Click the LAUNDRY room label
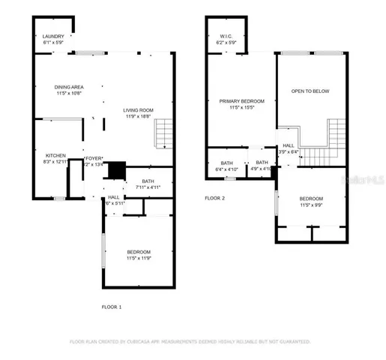point(52,36)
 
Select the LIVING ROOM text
point(138,110)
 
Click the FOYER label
point(94,158)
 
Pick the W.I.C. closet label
point(226,36)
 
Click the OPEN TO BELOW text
point(310,91)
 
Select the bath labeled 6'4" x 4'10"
point(226,169)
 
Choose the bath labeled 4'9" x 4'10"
point(261,169)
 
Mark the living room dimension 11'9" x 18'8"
point(138,116)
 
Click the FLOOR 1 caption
point(111,307)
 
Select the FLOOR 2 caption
point(215,198)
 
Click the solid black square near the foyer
point(114,171)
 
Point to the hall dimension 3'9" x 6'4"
point(289,152)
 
